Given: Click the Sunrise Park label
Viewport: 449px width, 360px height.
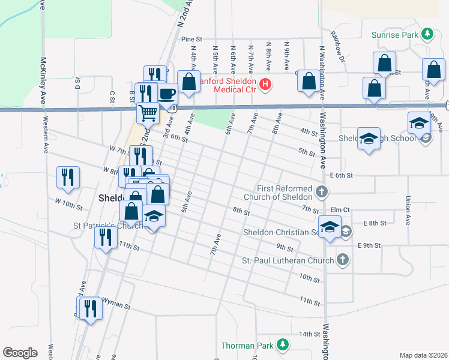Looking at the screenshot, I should [x=394, y=35].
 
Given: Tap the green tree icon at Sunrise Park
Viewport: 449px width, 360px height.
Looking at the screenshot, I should [x=427, y=34].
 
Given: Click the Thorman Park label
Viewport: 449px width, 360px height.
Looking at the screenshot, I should [x=246, y=345].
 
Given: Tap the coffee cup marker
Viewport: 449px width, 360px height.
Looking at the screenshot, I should [x=167, y=94].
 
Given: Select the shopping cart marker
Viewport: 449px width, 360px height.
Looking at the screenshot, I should [x=147, y=112].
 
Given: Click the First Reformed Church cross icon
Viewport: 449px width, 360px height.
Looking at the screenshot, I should [x=322, y=193].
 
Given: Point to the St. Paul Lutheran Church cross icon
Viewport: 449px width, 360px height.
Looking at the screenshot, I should [x=342, y=260].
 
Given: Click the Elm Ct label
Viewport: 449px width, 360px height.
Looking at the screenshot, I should [x=340, y=209].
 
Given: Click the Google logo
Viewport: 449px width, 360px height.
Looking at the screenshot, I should [x=20, y=353].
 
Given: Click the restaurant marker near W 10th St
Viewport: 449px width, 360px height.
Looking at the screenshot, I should [x=68, y=178].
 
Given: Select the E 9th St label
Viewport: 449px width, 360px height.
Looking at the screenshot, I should [x=369, y=245].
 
